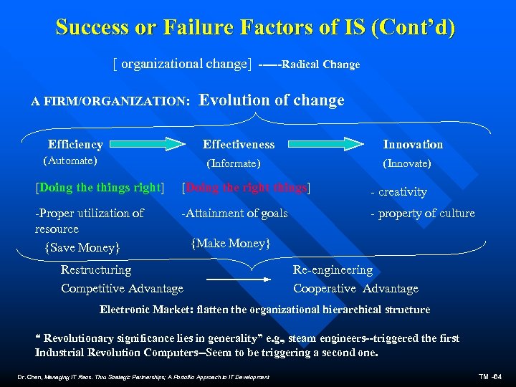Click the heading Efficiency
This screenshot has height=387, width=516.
click(x=75, y=144)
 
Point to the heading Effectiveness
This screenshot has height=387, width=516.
click(x=239, y=144)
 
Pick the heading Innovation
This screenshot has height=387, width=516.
click(x=413, y=144)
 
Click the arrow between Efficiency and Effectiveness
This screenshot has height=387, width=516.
click(x=147, y=145)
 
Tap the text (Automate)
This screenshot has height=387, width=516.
click(x=71, y=161)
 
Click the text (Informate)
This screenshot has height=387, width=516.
click(x=233, y=163)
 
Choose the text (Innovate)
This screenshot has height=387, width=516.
click(x=407, y=163)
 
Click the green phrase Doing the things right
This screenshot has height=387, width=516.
click(x=100, y=188)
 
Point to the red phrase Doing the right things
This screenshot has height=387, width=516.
click(x=247, y=188)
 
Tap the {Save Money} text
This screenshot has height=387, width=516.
click(x=81, y=248)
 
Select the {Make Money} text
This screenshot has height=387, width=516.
click(x=231, y=244)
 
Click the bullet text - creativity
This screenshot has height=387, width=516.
click(x=398, y=192)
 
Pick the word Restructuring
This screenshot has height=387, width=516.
click(x=96, y=270)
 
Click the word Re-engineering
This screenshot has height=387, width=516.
click(x=333, y=270)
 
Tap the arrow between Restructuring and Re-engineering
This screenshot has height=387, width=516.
click(x=233, y=279)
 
